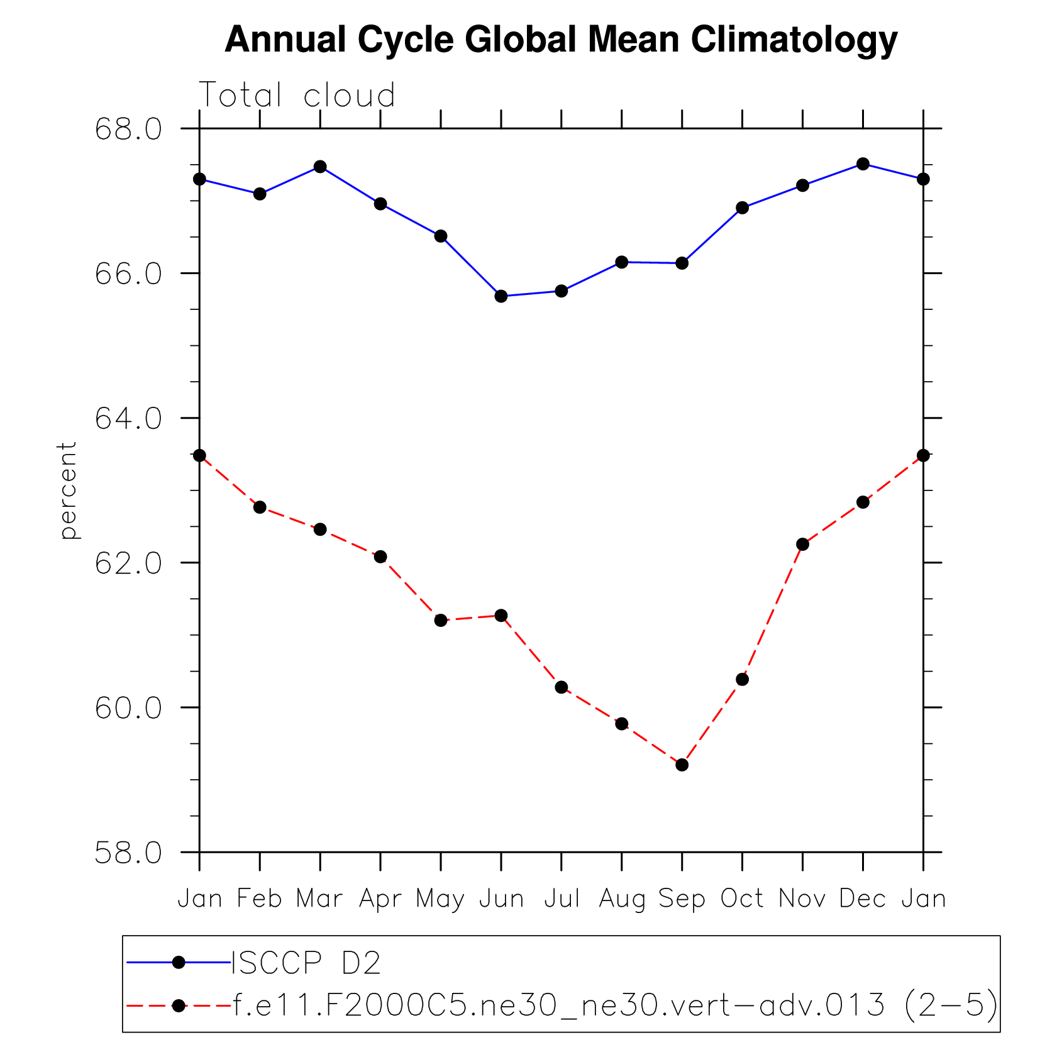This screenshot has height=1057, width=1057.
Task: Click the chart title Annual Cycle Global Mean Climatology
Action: click(x=561, y=40)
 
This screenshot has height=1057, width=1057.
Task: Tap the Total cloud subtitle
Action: click(x=297, y=96)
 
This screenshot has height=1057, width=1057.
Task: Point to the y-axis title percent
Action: click(x=67, y=490)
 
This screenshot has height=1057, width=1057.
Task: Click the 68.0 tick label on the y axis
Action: click(x=128, y=129)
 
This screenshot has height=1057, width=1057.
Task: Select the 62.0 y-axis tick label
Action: click(x=128, y=563)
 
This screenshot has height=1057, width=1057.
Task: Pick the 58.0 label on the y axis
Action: click(x=128, y=853)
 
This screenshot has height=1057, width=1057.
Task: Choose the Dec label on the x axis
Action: click(x=863, y=899)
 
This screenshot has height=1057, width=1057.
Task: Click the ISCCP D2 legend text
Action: click(x=306, y=963)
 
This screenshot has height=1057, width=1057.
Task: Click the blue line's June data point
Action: click(x=501, y=296)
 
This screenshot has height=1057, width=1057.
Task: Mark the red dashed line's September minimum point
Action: click(x=682, y=765)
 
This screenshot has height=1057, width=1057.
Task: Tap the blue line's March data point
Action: click(x=320, y=167)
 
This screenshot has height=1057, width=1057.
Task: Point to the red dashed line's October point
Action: click(x=742, y=679)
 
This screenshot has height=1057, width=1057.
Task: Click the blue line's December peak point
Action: click(x=863, y=164)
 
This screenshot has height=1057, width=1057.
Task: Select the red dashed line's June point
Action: click(x=501, y=615)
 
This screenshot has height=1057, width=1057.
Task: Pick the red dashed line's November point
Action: click(x=802, y=544)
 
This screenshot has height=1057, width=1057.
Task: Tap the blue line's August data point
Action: click(x=622, y=262)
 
